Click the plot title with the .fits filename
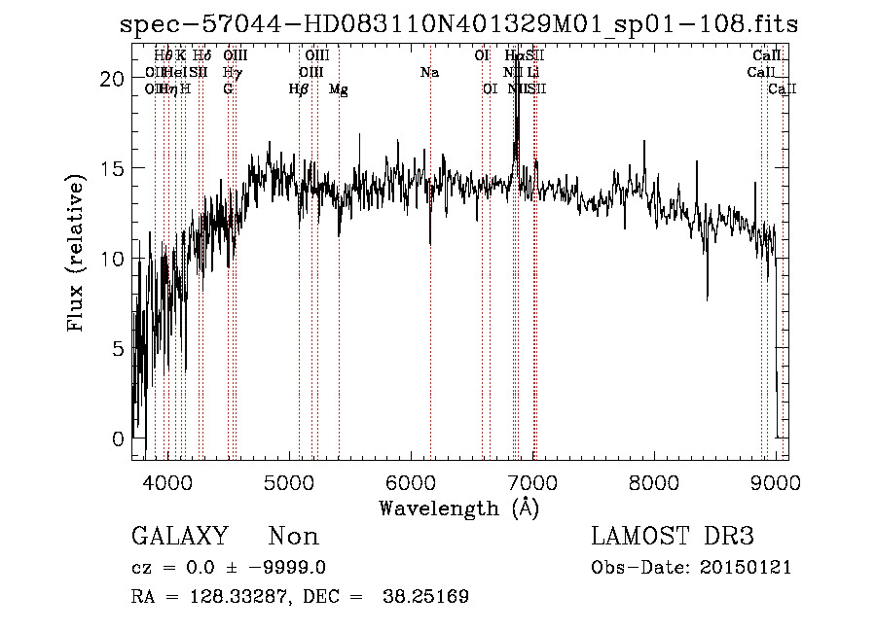point(458,24)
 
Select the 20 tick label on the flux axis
point(114,79)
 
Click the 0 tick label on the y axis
point(119,438)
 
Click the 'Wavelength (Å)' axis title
point(458,508)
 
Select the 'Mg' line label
point(338,89)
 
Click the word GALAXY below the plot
point(179,537)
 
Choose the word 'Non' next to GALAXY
point(293,537)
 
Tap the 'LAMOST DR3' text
point(672,537)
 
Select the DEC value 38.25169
point(427,597)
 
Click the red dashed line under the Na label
point(430,292)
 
